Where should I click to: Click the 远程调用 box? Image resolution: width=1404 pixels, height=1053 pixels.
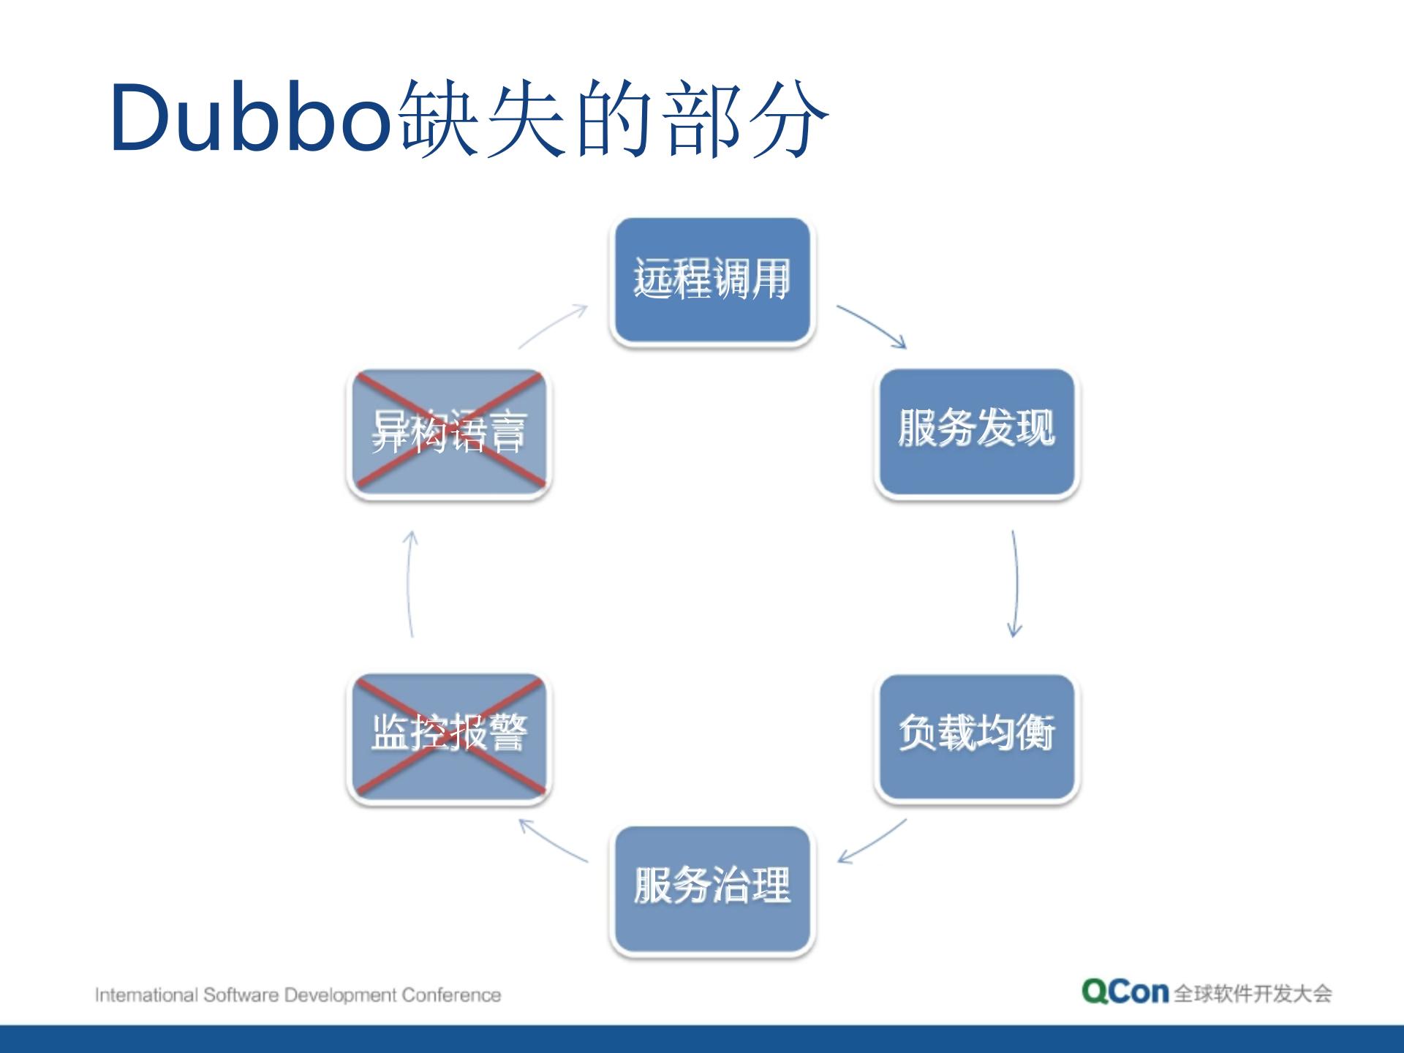click(712, 280)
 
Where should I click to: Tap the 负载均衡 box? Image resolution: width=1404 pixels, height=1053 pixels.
click(977, 737)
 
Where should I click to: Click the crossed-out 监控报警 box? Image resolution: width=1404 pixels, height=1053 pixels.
click(449, 736)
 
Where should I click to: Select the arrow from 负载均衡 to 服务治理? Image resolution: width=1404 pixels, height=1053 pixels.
click(872, 841)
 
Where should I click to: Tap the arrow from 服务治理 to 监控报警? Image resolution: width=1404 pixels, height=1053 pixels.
click(553, 841)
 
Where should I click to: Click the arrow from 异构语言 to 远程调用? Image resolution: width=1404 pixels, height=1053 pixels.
click(553, 326)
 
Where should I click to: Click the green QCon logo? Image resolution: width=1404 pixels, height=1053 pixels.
click(1125, 992)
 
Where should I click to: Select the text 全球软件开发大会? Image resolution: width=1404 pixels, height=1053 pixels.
click(1253, 994)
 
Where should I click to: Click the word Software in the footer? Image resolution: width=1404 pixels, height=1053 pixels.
click(241, 995)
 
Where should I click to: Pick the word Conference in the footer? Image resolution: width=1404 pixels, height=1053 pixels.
click(451, 995)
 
